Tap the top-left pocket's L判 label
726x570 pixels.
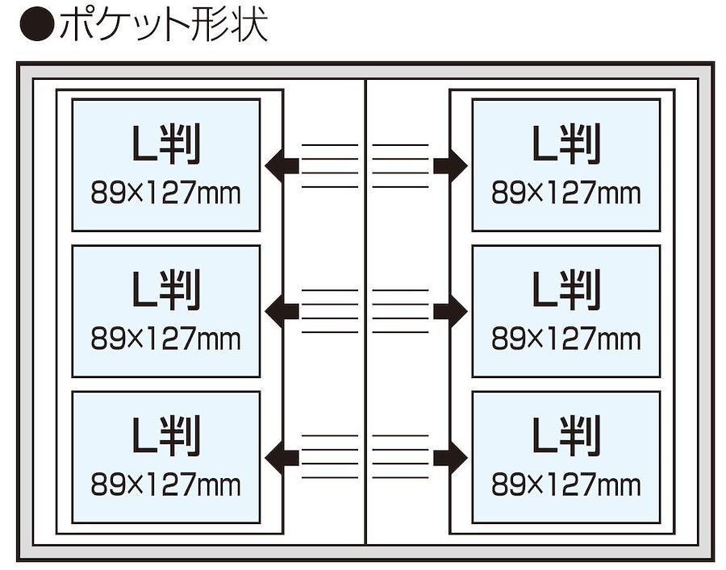[166, 145]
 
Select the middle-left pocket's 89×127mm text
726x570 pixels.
[166, 339]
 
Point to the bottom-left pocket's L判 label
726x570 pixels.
[166, 437]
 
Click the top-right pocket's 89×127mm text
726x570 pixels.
[566, 193]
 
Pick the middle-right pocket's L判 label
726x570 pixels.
[566, 291]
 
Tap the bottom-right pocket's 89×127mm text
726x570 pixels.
[566, 485]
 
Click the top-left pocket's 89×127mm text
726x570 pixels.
[166, 193]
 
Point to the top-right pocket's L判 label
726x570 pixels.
[566, 145]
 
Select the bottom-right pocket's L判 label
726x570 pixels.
[566, 437]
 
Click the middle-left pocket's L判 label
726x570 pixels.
[166, 291]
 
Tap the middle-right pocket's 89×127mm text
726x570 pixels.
[566, 339]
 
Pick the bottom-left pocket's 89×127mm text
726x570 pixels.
[166, 485]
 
